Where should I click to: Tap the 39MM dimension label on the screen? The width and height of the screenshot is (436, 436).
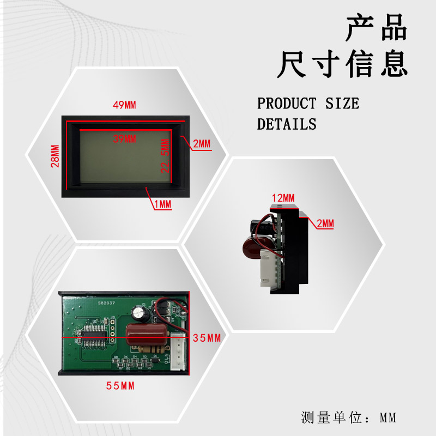(124, 139)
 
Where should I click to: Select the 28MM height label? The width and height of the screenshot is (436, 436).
(55, 156)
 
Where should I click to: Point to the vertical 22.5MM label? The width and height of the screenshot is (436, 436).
(165, 156)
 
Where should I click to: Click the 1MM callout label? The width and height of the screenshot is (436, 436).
(162, 204)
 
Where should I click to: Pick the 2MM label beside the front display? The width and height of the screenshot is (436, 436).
(201, 144)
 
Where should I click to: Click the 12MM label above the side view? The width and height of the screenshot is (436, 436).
(283, 197)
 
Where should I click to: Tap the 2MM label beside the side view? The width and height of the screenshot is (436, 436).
(325, 223)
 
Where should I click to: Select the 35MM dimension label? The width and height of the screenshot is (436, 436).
(207, 338)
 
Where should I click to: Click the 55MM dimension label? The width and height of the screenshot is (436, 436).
(120, 386)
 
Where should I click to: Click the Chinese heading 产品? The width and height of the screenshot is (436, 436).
(377, 29)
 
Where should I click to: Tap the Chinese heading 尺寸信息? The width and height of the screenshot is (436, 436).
(342, 64)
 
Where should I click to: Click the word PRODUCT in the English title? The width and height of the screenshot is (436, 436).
(287, 103)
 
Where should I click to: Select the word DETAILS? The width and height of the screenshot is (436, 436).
(287, 124)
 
